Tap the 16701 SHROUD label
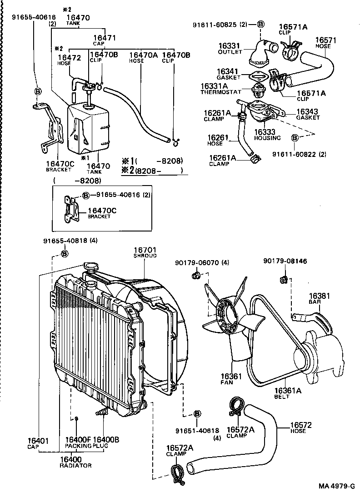tap(145, 252)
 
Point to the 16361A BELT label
tap(288, 393)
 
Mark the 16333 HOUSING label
tap(267, 135)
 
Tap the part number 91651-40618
tap(197, 431)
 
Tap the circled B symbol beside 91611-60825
tap(260, 24)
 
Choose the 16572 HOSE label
tap(300, 428)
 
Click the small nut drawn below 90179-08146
tap(283, 278)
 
